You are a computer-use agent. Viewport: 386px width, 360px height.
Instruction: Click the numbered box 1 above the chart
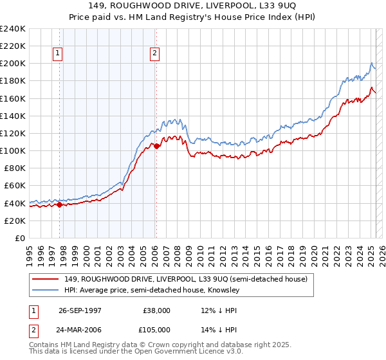(x=58, y=54)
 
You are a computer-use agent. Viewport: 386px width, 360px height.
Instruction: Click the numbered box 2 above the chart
(x=155, y=54)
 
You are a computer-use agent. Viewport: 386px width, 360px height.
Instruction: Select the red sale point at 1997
(x=59, y=204)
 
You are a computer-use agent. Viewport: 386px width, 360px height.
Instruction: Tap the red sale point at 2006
(x=156, y=146)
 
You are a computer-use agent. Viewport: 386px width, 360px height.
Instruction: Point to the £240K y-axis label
(x=13, y=29)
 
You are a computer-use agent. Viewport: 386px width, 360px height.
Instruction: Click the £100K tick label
(x=13, y=150)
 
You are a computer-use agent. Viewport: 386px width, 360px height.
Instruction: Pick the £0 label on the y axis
(x=19, y=238)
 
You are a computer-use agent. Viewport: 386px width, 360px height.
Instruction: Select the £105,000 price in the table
(x=156, y=329)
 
